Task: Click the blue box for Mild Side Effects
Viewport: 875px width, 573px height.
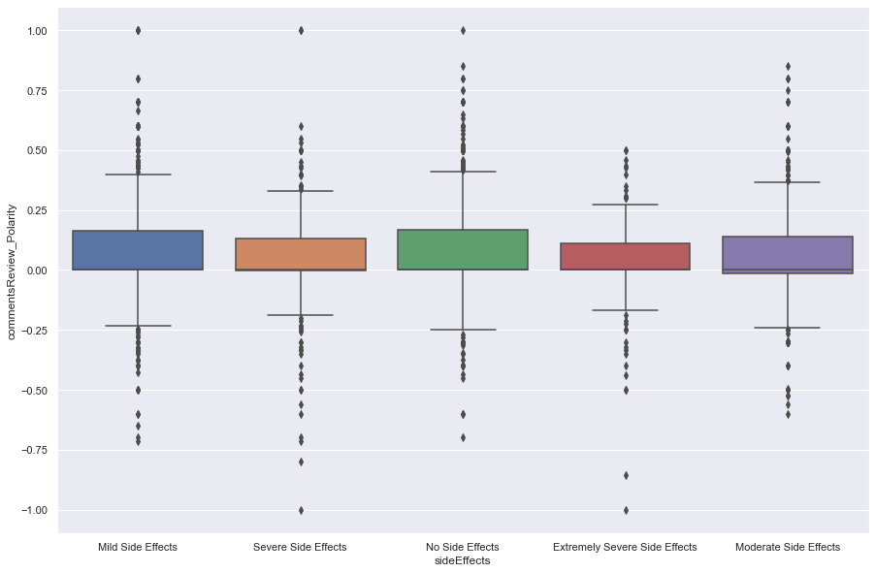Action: [138, 250]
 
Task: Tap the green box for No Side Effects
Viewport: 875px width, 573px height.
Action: [463, 249]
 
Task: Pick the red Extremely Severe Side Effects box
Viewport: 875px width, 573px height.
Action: [626, 256]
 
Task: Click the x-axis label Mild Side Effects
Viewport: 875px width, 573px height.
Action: [138, 547]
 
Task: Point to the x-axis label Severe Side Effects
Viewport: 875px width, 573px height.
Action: [301, 547]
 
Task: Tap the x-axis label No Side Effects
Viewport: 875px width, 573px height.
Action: [463, 547]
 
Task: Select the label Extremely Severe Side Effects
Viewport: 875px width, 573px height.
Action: [626, 547]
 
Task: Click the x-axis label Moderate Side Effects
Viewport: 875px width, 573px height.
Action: [788, 547]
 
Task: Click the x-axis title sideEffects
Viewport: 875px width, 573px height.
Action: [463, 560]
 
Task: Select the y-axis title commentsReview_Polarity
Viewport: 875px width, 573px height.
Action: [13, 271]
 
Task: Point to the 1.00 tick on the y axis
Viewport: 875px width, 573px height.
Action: [36, 31]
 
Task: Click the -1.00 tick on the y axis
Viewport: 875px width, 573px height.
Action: [34, 510]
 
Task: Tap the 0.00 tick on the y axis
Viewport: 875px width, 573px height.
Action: [36, 271]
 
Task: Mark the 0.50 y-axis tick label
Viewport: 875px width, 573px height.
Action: [36, 150]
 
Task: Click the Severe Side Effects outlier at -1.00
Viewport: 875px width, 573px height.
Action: [301, 510]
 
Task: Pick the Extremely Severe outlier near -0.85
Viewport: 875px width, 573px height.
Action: [626, 475]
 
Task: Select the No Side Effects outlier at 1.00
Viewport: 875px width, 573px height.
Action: [463, 30]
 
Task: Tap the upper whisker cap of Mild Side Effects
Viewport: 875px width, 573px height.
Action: [138, 175]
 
